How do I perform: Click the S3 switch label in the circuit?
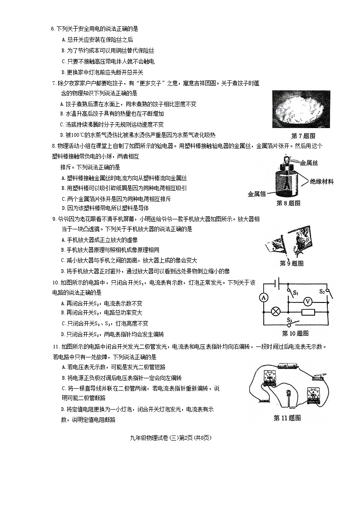289,320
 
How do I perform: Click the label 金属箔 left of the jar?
257,194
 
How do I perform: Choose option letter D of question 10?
63,335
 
